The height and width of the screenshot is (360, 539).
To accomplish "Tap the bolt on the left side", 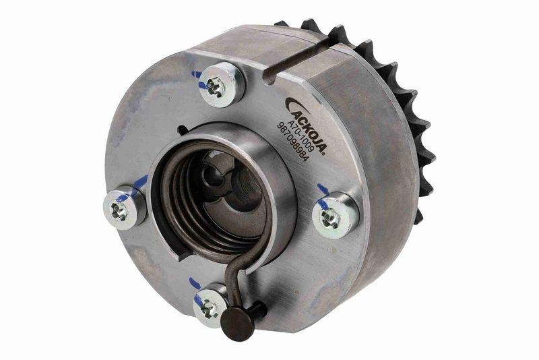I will click(x=121, y=210).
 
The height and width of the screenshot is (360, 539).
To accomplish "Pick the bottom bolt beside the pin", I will click(x=210, y=307).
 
